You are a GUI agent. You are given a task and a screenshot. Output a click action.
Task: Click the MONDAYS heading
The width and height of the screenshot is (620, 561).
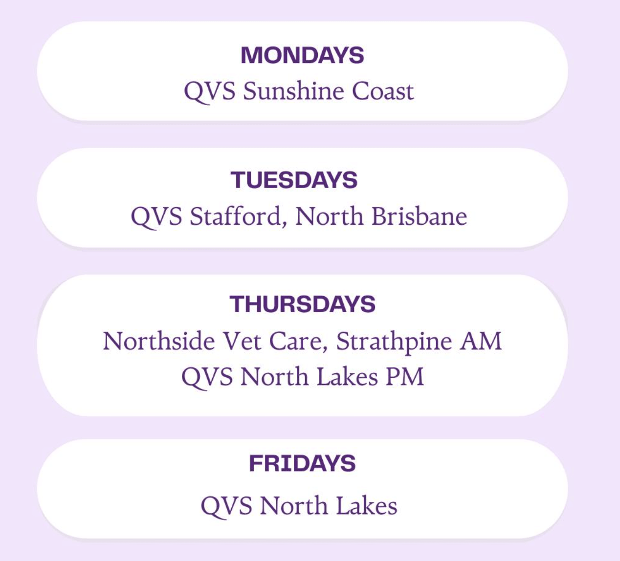[x=302, y=56]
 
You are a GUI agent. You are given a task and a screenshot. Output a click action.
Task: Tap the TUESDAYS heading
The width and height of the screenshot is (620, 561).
[x=294, y=180]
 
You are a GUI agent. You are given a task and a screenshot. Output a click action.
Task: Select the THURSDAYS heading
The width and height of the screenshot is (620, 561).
[x=302, y=304]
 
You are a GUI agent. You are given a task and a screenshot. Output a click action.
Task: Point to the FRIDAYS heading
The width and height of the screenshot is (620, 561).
[x=302, y=463]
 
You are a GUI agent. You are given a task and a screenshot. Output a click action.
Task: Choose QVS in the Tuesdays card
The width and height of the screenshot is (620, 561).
[x=156, y=217]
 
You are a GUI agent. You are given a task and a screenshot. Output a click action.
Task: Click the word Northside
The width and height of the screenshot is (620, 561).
[x=159, y=341]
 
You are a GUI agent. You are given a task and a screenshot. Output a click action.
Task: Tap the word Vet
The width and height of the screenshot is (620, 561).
[x=242, y=341]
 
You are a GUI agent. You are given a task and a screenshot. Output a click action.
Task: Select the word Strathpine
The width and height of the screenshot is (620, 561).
[x=394, y=342]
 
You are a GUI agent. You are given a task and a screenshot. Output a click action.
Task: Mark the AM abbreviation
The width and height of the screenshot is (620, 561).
[x=481, y=341]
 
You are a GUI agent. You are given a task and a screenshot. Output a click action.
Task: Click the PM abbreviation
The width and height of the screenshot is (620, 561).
[x=405, y=377]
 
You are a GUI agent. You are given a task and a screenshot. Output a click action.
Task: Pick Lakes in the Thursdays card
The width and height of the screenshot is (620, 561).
[x=347, y=376]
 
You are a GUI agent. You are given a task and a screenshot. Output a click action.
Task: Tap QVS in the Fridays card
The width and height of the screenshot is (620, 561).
[x=226, y=507]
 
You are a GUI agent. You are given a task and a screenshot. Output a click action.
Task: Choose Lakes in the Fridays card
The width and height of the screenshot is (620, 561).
[x=367, y=505]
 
